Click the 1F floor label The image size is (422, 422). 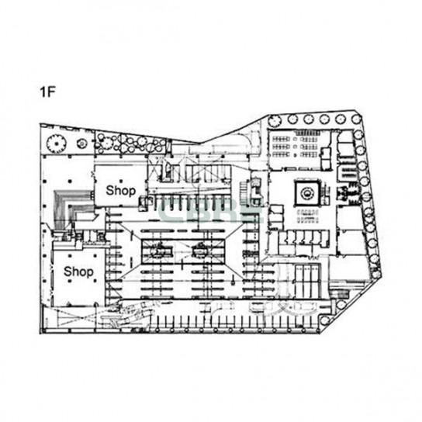pyautogui.click(x=47, y=92)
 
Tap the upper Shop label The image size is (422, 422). pyautogui.click(x=120, y=191)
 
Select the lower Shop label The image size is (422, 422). pyautogui.click(x=78, y=272)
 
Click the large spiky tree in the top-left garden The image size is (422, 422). pyautogui.click(x=57, y=144)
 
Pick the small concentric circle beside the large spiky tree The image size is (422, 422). pyautogui.click(x=81, y=144)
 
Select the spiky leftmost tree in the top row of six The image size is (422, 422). pyautogui.click(x=275, y=121)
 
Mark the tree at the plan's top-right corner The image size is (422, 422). pyautogui.click(x=356, y=119)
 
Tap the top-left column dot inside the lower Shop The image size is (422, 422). pyautogui.click(x=70, y=256)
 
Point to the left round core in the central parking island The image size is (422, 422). pyautogui.click(x=158, y=251)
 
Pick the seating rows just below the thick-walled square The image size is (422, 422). pyautogui.click(x=307, y=216)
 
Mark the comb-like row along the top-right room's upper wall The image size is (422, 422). pyautogui.click(x=307, y=133)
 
